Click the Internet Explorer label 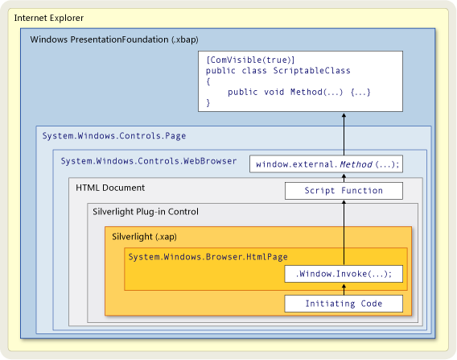pyautogui.click(x=49, y=18)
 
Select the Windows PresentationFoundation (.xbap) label pyautogui.click(x=115, y=39)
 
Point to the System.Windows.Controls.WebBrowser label pyautogui.click(x=149, y=161)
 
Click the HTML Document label pyautogui.click(x=110, y=188)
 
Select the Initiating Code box pyautogui.click(x=344, y=304)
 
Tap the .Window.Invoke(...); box pyautogui.click(x=344, y=274)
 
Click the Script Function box pyautogui.click(x=344, y=191)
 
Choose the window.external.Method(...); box pyautogui.click(x=327, y=164)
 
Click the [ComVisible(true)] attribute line pyautogui.click(x=250, y=60)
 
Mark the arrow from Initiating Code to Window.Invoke pyautogui.click(x=344, y=290)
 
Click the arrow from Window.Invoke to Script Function pyautogui.click(x=344, y=234)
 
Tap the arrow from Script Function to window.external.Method pyautogui.click(x=344, y=178)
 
